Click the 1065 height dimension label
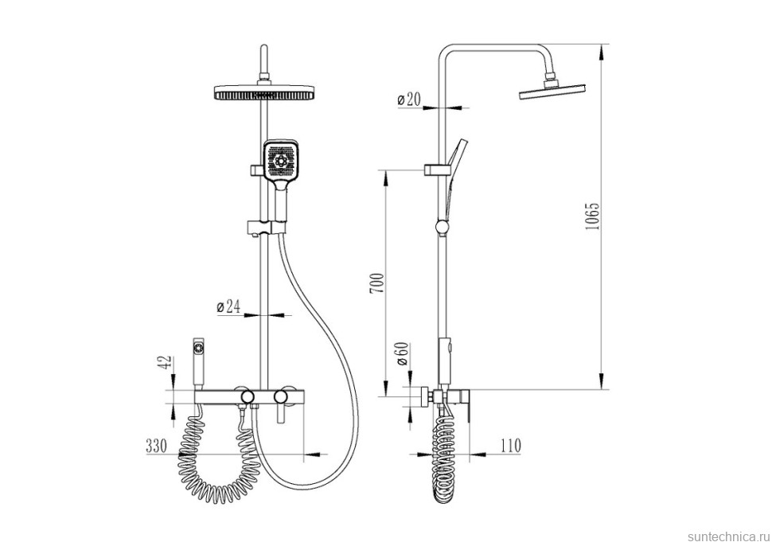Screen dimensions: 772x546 point(592,216)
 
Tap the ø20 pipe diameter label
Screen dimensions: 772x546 point(408,100)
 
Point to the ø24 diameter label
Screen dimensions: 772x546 point(228,307)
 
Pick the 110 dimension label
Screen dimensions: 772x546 point(511,446)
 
